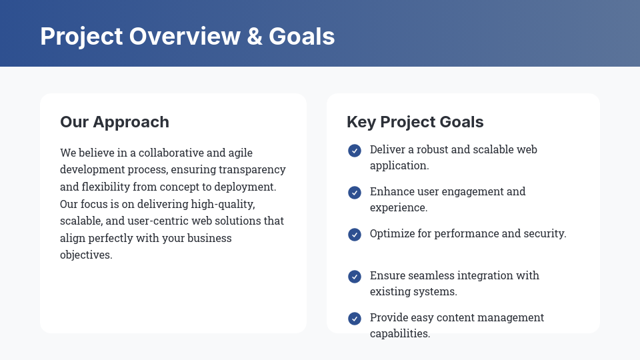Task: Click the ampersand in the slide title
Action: point(254,36)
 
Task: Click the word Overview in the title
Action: point(185,36)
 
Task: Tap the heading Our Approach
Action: point(115,122)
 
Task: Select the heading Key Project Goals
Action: point(415,122)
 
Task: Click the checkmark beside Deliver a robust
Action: point(355,151)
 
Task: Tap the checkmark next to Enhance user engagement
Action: point(355,193)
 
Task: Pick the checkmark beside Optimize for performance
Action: point(355,235)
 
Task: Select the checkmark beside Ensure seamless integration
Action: point(355,277)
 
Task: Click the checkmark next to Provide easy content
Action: point(355,319)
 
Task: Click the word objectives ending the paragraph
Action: point(86,255)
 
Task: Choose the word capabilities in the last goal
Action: point(400,333)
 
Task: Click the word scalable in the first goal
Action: point(493,149)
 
